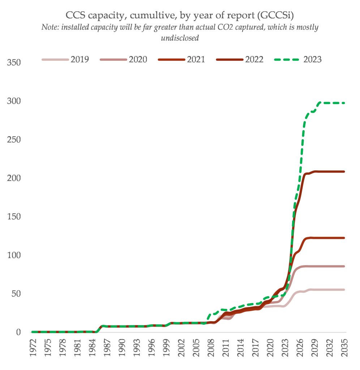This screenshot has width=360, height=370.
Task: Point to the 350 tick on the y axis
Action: pyautogui.click(x=13, y=63)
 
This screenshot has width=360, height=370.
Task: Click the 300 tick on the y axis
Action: pyautogui.click(x=13, y=101)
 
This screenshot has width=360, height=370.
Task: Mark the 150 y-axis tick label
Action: pyautogui.click(x=13, y=217)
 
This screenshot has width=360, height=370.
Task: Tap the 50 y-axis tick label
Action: pyautogui.click(x=16, y=294)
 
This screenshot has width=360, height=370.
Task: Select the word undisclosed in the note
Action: pyautogui.click(x=180, y=38)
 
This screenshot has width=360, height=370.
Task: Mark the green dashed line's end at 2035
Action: pyautogui.click(x=344, y=103)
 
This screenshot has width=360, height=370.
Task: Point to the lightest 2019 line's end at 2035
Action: pyautogui.click(x=344, y=290)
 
